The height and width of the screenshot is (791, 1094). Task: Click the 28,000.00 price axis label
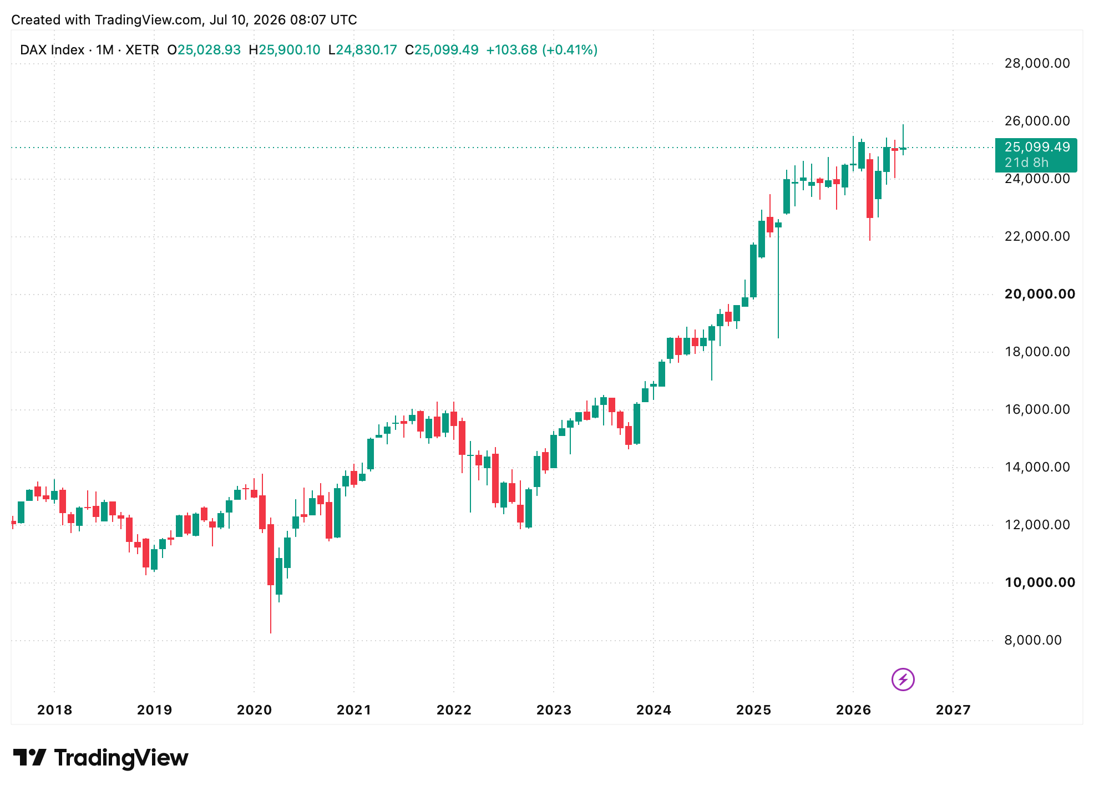coord(1037,63)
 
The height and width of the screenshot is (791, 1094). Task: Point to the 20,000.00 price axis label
coord(1040,294)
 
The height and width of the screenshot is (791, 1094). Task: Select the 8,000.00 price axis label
coord(1033,640)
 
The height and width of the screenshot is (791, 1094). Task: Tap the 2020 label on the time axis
coord(254,710)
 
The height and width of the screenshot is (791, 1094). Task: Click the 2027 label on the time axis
coord(953,710)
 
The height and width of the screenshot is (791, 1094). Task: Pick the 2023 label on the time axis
coord(554,710)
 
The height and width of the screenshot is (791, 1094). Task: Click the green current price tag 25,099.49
coord(1036,155)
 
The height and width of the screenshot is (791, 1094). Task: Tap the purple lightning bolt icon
coord(903,679)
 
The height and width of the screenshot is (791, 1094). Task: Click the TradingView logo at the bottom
coord(100,758)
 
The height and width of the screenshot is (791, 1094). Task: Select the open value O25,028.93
coord(204,50)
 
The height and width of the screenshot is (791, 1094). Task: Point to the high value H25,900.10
coord(285,50)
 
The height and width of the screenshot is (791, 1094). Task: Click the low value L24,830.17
coord(363,50)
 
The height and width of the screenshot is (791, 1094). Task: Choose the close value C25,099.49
coord(442,50)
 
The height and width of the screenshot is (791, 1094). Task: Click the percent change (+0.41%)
coord(570,50)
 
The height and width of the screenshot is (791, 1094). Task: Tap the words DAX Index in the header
coord(52,50)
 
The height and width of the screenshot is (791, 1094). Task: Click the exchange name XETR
coord(142,50)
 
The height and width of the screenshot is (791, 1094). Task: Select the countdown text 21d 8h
coord(1026,163)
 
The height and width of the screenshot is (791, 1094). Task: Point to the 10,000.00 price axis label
coord(1040,582)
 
